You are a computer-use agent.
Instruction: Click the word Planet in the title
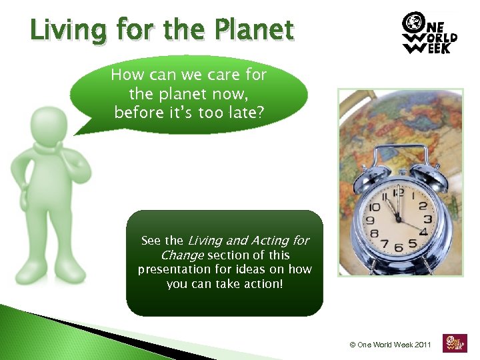[255, 30]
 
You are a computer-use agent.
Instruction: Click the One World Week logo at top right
[429, 33]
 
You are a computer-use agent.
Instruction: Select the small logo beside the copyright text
[454, 344]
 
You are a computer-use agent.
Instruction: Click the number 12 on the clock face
[397, 193]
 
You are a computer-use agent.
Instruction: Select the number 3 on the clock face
[427, 219]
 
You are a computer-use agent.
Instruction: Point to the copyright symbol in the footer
[352, 345]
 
